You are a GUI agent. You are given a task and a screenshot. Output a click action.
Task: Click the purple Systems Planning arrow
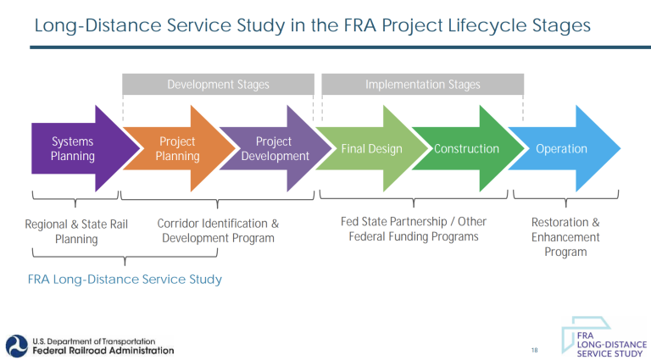[75, 149]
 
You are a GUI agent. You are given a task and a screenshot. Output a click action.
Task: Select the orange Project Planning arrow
[174, 149]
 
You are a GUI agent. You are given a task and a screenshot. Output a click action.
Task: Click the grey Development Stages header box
[218, 85]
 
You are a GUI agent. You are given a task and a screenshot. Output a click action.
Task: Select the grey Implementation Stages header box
[422, 85]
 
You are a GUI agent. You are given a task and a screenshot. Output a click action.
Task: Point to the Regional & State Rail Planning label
[76, 231]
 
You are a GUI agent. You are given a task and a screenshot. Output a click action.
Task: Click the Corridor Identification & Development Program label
[218, 231]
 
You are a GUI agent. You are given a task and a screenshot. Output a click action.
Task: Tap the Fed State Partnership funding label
[414, 229]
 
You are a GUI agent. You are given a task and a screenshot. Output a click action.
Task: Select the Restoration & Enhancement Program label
[565, 237]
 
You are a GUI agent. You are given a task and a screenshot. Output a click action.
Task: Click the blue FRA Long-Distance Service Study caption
[125, 279]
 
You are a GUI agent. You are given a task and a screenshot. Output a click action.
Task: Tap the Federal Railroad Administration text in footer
[103, 350]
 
